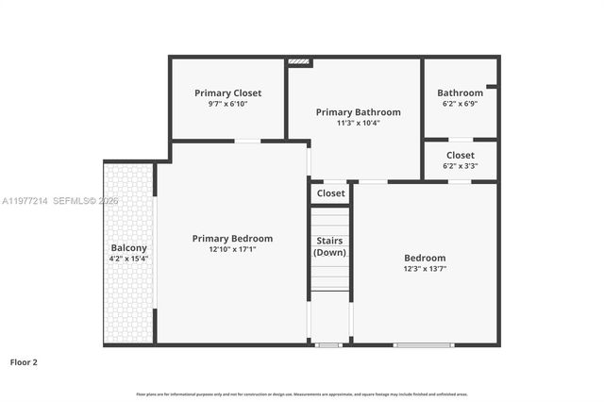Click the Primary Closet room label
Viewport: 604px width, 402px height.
pos(227,93)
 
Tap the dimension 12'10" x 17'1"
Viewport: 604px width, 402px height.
pos(232,250)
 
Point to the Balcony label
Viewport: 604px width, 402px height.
pos(128,248)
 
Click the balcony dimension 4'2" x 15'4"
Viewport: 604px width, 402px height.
pos(128,259)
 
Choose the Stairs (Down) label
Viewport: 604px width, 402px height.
pos(330,246)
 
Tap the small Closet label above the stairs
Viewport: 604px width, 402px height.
pos(330,193)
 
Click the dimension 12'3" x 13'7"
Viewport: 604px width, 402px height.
pos(425,269)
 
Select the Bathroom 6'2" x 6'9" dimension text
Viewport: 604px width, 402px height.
pos(460,104)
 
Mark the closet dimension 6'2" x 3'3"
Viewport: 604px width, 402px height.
pos(460,166)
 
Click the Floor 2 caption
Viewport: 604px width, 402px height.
pos(24,361)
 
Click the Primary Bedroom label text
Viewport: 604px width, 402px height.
pos(232,239)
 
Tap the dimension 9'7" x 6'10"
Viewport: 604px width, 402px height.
pos(227,104)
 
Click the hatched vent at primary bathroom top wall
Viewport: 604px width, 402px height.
pos(298,62)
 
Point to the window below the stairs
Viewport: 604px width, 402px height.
pos(327,345)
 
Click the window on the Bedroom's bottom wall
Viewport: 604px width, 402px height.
pos(424,345)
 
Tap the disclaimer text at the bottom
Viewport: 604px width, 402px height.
pos(301,394)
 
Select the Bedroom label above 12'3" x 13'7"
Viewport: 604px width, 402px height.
pos(425,258)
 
